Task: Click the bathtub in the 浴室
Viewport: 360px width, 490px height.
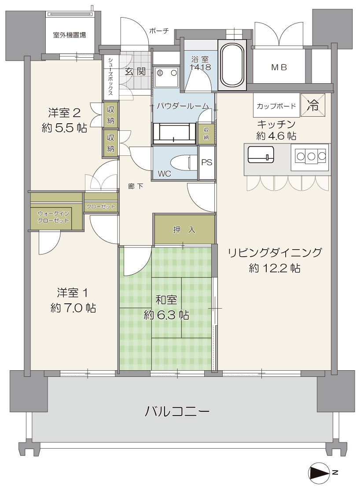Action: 233,65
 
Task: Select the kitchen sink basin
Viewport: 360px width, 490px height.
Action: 261,155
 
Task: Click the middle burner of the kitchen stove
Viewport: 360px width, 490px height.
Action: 311,155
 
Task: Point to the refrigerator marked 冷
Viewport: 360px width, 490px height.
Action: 313,105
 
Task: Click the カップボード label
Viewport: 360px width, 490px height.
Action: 276,106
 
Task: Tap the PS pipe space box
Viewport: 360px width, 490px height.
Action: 206,162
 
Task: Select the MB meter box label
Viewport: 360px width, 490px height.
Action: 279,67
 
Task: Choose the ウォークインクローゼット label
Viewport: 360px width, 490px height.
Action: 53,217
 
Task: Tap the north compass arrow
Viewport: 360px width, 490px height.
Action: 319,472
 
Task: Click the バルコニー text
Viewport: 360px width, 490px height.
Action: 177,411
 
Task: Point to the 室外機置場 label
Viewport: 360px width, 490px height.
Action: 70,35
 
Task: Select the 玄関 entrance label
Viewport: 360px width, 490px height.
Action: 135,71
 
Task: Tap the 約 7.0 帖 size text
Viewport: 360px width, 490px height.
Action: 73,308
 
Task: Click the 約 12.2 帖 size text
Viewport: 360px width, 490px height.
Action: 275,268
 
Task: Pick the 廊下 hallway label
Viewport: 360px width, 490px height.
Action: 136,187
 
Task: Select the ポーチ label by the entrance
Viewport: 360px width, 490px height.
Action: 159,31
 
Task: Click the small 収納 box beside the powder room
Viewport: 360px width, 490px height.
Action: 206,133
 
